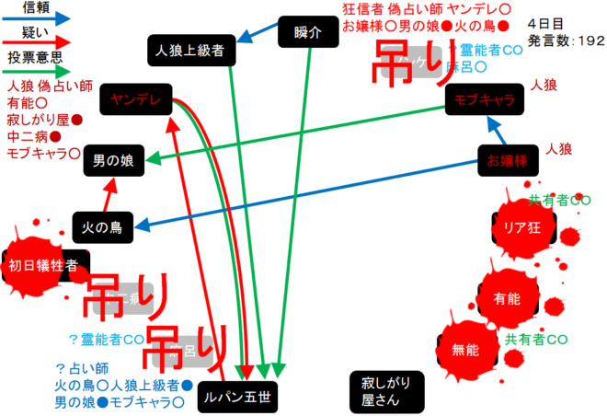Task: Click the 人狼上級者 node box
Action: point(191,50)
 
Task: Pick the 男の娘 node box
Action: point(113,160)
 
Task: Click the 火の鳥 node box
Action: point(103,224)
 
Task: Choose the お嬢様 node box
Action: point(506,160)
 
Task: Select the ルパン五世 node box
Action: point(236,396)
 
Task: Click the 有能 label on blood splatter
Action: point(507,298)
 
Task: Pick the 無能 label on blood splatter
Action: point(465,350)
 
